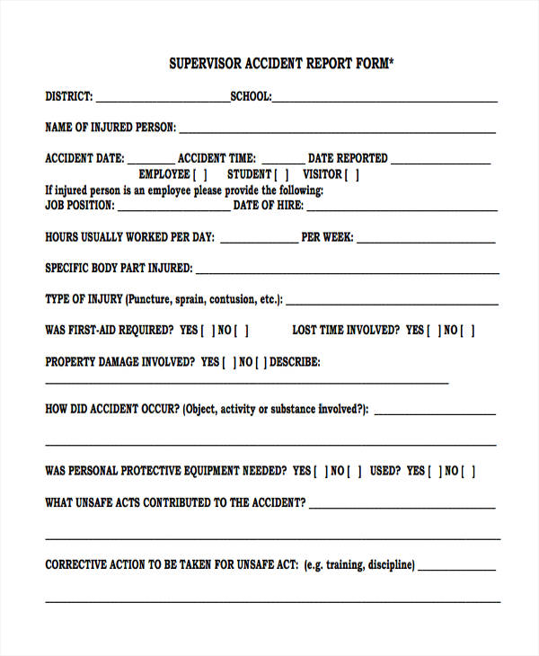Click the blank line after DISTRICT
tap(162, 100)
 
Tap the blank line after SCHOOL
tap(384, 100)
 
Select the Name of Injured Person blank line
tap(337, 131)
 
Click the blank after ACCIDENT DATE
tap(150, 162)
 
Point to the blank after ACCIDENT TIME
tap(282, 162)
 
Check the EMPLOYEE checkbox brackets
tap(200, 175)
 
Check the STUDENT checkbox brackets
tap(281, 175)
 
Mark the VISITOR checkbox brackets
tap(352, 175)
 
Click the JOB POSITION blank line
tap(173, 209)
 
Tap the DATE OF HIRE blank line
tap(402, 209)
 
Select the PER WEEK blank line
tap(426, 242)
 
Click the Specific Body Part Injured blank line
tap(347, 271)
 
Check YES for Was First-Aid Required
tap(208, 331)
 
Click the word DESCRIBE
tap(295, 363)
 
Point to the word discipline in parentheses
tap(386, 565)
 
